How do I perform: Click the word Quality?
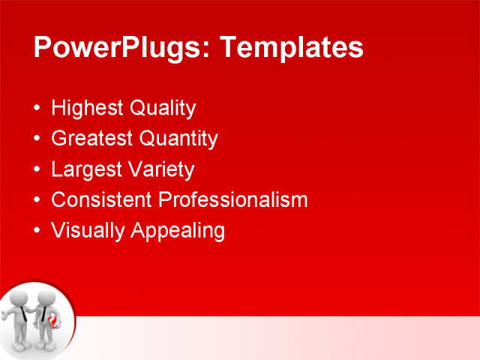pos(163,109)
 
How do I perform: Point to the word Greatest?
pos(92,139)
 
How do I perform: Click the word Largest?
pos(83,169)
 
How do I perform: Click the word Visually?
pos(88,230)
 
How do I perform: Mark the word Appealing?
pos(178,230)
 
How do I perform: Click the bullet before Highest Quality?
pos(38,109)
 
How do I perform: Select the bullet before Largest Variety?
pos(38,169)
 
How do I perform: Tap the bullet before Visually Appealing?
pos(38,230)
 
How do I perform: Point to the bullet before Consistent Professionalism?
pos(38,199)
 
